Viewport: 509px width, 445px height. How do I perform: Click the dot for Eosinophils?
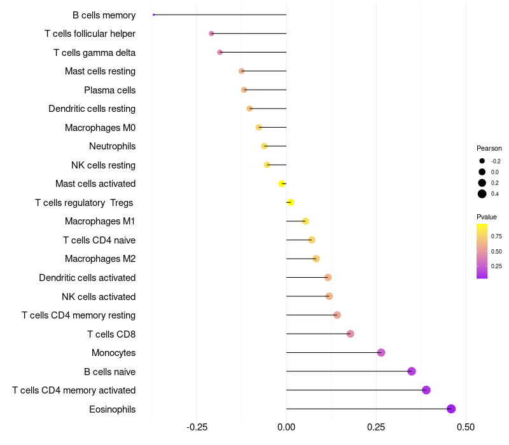451,409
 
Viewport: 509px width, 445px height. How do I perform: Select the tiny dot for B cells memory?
153,15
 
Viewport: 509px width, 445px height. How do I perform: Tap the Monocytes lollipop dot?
381,353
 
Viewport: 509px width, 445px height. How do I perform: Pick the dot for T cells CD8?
351,334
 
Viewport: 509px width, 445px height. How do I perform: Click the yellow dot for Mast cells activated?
282,184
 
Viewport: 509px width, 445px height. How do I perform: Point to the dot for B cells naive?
412,371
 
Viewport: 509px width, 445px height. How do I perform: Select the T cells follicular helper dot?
211,34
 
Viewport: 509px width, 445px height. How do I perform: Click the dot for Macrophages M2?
316,259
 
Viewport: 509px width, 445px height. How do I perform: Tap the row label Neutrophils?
113,146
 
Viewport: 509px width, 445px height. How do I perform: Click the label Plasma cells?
109,90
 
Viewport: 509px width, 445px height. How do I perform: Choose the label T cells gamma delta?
94,53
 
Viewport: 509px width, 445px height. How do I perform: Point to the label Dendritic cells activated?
87,278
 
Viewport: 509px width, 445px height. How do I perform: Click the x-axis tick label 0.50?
466,427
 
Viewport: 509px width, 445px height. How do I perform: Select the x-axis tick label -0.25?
197,427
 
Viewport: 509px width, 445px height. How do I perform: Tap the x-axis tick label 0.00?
286,427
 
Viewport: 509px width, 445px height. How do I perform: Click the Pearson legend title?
489,148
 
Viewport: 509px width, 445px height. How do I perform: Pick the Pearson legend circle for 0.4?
482,194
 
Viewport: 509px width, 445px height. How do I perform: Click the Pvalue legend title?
487,217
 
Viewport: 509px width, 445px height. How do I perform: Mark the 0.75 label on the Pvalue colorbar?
496,236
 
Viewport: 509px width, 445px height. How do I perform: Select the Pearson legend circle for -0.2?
482,161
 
